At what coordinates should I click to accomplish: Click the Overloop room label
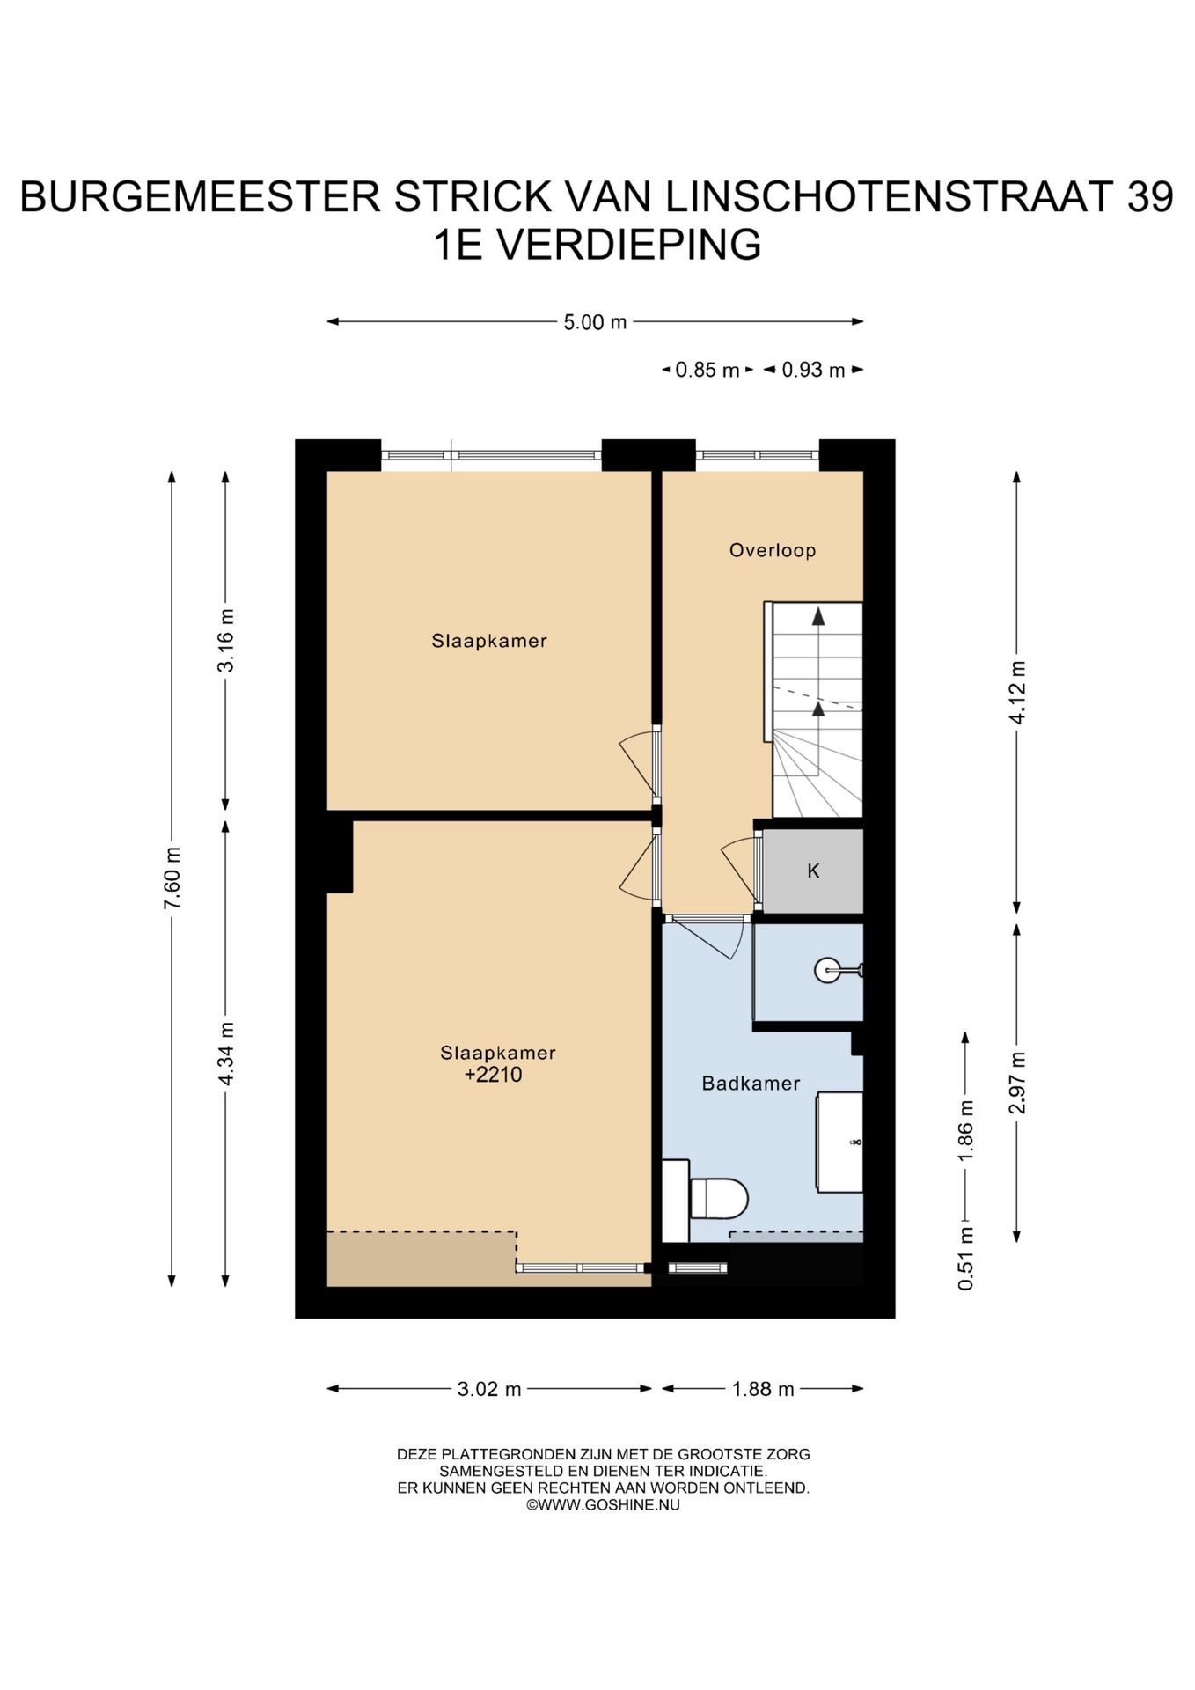pos(773,550)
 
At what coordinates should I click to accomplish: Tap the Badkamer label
pos(751,1083)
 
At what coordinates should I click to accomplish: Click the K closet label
pos(813,871)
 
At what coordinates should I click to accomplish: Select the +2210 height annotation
pos(494,1074)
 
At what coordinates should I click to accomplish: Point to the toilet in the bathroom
pos(718,1198)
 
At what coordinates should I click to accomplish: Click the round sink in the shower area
pos(828,970)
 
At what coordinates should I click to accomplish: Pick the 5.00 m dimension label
pos(596,322)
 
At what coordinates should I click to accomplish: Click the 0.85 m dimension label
pos(707,370)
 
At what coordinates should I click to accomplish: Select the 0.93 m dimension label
pos(813,370)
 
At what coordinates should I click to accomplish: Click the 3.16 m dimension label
pos(226,640)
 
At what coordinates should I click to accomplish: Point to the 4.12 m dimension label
pos(1017,692)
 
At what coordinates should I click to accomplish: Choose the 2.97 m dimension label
pos(1017,1082)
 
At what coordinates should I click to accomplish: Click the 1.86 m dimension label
pos(966,1130)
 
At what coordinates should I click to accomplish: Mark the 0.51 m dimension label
pos(966,1258)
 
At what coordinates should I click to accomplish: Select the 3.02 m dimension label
pos(489,1389)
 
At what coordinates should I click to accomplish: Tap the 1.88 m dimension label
pos(763,1389)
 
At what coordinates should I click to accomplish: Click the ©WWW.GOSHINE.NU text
pos(603,1504)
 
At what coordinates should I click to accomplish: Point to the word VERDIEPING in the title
pos(629,245)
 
